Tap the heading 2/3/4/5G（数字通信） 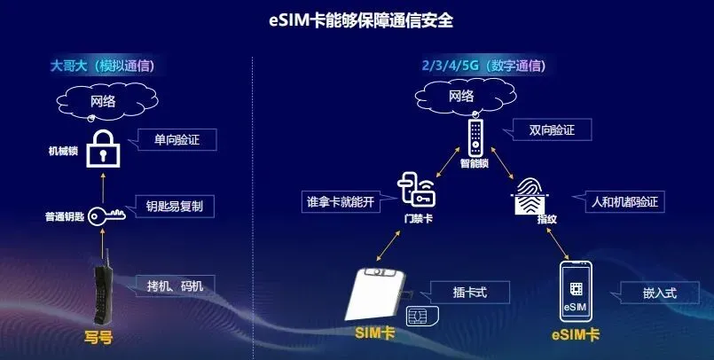(483, 66)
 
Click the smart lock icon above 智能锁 (476, 137)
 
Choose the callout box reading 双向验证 (552, 130)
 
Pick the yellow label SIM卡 (374, 334)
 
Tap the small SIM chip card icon (416, 317)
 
